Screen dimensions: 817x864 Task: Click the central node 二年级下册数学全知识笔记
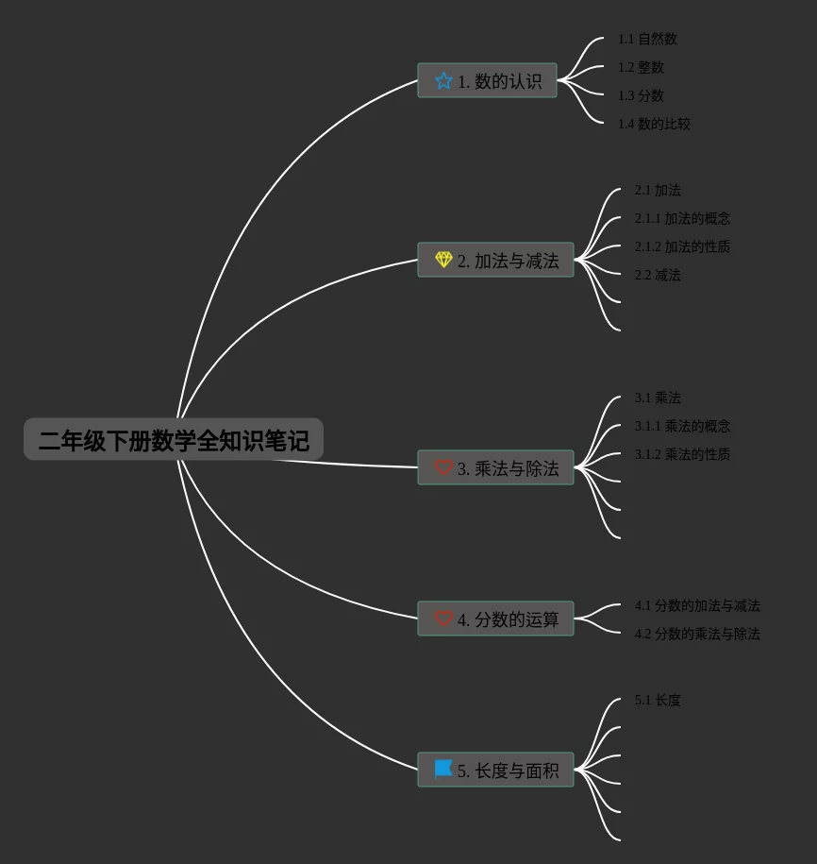(174, 440)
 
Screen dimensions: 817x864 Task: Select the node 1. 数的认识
(487, 81)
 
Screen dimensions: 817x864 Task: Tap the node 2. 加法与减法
(495, 261)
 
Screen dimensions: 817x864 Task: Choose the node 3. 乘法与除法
(495, 468)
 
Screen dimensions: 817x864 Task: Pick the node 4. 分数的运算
(495, 619)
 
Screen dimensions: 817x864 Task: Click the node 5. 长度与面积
(495, 771)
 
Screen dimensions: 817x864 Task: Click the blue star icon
(443, 81)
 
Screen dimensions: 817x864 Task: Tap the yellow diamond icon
(443, 260)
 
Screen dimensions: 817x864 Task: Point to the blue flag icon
(443, 770)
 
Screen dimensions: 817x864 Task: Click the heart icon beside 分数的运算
(443, 619)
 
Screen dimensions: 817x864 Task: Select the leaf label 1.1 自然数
(647, 39)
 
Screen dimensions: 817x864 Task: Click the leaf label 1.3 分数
(641, 95)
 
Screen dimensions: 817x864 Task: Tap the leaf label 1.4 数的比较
(654, 124)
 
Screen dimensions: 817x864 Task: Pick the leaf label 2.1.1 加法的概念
(682, 218)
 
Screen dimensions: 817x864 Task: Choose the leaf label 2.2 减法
(658, 275)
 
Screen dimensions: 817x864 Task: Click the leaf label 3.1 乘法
(658, 398)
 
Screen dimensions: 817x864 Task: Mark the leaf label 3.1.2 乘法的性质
(682, 454)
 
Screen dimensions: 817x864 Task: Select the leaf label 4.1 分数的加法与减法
(697, 605)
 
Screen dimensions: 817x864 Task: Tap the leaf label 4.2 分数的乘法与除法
(697, 634)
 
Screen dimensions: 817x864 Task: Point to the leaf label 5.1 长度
(658, 700)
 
